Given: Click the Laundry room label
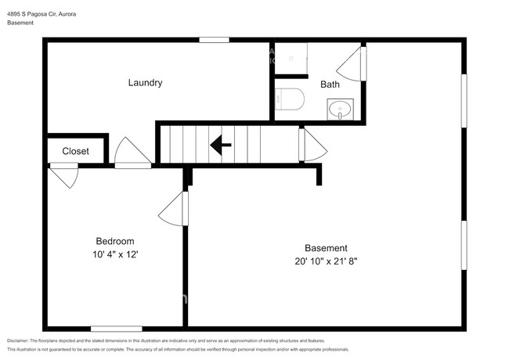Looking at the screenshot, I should (145, 83).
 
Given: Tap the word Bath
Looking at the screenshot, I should (330, 85).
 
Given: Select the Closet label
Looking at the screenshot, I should (75, 151).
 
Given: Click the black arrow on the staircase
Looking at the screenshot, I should (220, 144).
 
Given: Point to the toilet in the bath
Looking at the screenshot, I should (290, 99).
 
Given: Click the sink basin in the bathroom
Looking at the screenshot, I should (341, 109).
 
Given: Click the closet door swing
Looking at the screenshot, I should (65, 175).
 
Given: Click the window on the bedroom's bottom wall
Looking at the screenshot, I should (116, 328).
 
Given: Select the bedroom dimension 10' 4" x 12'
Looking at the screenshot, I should (115, 254).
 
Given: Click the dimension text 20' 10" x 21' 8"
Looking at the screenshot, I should (325, 261).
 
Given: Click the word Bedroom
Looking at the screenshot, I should (115, 241).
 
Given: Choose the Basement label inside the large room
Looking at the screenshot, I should (326, 248).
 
